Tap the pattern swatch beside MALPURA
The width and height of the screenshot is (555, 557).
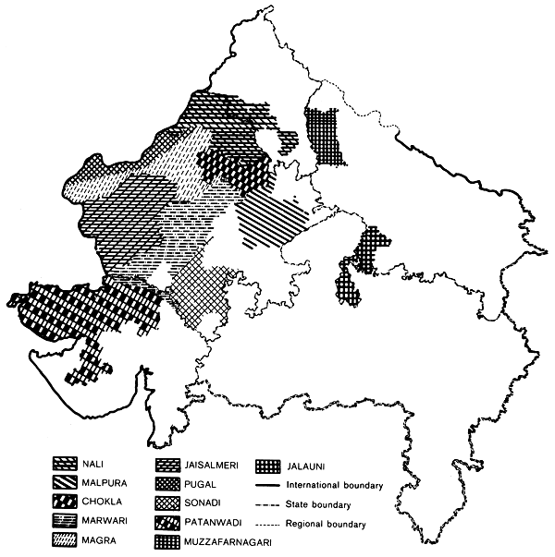point(65,484)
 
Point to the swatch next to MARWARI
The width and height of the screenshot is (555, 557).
point(65,524)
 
